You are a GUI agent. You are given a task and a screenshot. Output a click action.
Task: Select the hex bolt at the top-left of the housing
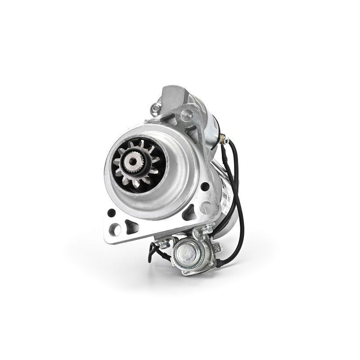[x=156, y=108]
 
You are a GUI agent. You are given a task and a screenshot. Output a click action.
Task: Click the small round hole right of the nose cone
[x=205, y=186]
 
